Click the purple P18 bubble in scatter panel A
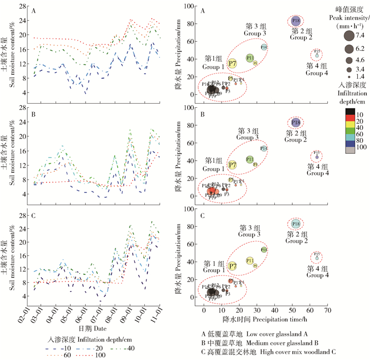point(295,21)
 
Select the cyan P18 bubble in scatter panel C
point(295,224)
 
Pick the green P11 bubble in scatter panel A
point(250,58)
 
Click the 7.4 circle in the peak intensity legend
point(349,36)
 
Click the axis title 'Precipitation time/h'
point(264,319)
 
